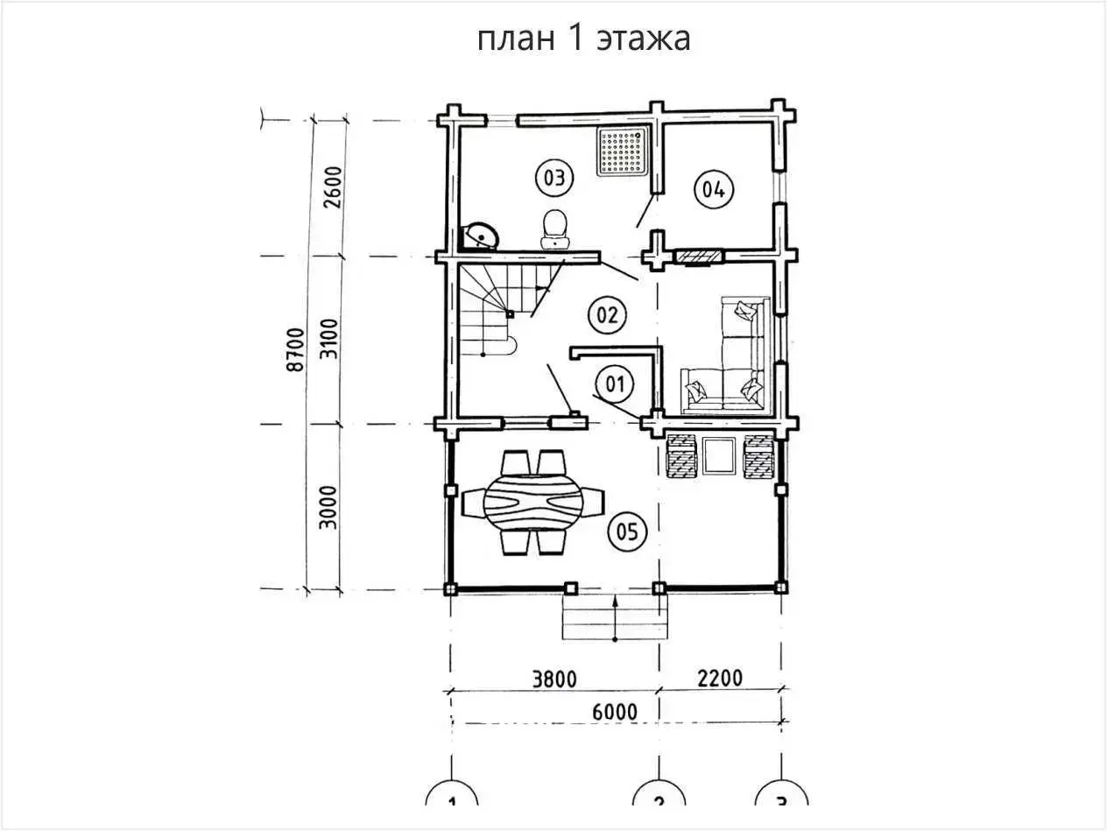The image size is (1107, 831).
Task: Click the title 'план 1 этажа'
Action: (x=583, y=39)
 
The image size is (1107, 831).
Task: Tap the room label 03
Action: (x=553, y=178)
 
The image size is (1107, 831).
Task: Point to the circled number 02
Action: (x=608, y=314)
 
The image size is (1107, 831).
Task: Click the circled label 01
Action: (x=615, y=383)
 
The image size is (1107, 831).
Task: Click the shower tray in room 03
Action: (x=624, y=151)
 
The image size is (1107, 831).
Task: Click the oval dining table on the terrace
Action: (x=534, y=504)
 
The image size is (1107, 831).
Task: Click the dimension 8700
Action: (x=295, y=350)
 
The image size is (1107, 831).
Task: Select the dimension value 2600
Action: (x=329, y=187)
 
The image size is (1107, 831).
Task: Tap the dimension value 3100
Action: (x=329, y=340)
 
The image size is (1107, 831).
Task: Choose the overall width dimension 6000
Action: (x=614, y=711)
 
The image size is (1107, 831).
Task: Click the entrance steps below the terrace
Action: (x=615, y=618)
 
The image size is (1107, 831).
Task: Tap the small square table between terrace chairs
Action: (x=719, y=455)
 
